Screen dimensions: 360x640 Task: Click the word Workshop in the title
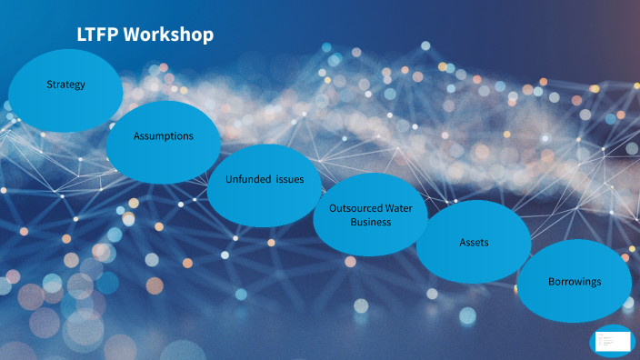pos(169,35)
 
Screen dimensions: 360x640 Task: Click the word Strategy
pos(65,85)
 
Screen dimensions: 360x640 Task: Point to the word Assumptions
pos(164,135)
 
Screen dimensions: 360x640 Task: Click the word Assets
pos(474,243)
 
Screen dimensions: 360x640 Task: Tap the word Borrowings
pos(575,282)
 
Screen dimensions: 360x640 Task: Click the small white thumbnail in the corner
pos(611,342)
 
